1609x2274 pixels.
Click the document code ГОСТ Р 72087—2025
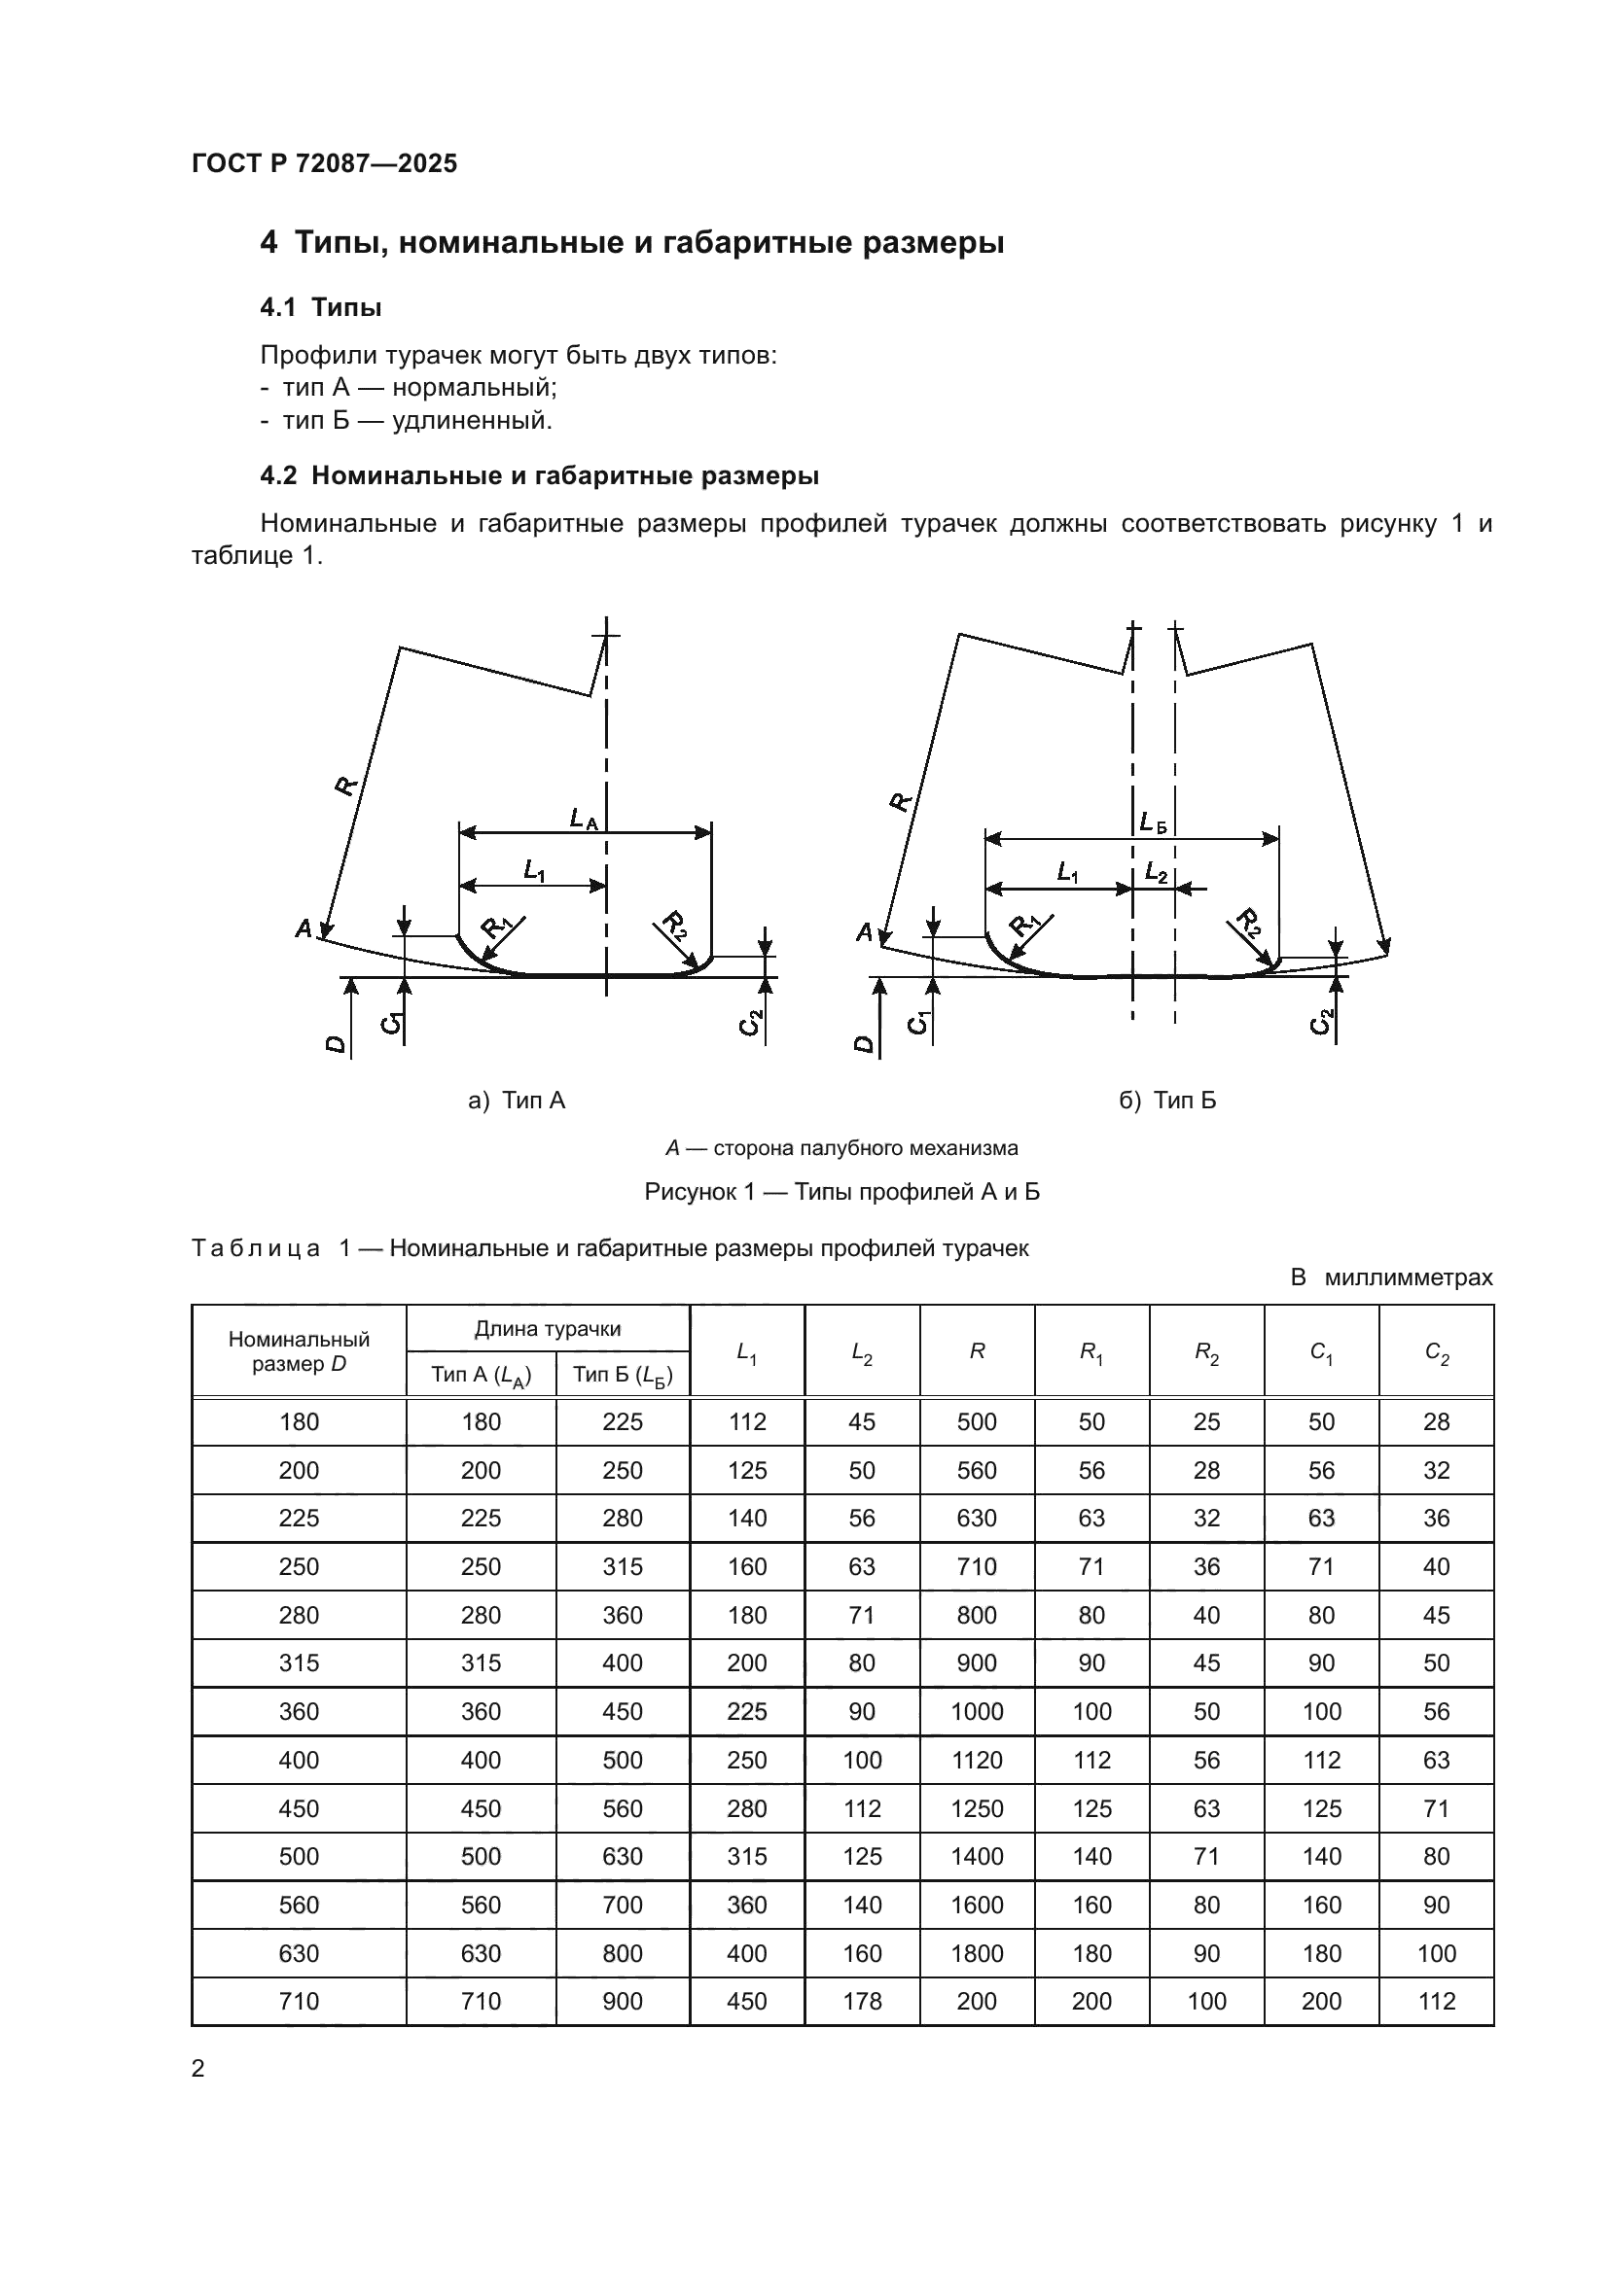[324, 163]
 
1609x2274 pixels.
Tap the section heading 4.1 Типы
[320, 307]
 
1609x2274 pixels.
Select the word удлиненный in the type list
[472, 421]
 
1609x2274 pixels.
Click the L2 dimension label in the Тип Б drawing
[1156, 871]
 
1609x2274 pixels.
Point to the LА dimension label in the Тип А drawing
[584, 818]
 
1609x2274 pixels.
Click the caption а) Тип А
[517, 1101]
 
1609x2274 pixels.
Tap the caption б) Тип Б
[1167, 1101]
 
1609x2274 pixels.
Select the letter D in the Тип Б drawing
[864, 1044]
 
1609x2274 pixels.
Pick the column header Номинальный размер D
[299, 1351]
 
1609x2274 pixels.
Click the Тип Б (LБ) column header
[623, 1375]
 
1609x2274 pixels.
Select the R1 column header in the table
[1091, 1352]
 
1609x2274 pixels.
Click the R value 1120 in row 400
[976, 1760]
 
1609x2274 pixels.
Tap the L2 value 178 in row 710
[861, 2002]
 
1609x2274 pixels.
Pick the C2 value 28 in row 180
[1436, 1422]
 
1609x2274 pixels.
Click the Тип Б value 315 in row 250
[623, 1567]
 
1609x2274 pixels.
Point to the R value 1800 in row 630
[976, 1953]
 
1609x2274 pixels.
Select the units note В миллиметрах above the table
[1391, 1277]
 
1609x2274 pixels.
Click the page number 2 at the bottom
[198, 2069]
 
